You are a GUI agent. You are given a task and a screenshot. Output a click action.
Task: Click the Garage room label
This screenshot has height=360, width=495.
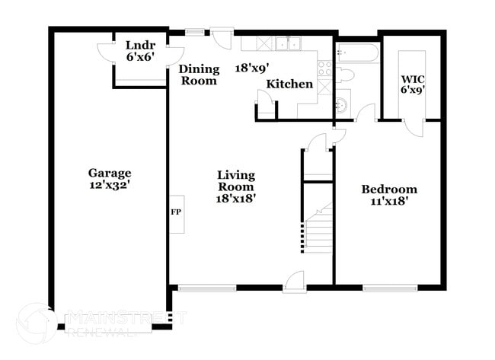coord(110,179)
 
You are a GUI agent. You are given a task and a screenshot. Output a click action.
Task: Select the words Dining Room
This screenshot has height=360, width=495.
coord(198,75)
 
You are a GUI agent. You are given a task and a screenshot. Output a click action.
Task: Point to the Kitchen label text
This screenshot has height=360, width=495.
coord(290,84)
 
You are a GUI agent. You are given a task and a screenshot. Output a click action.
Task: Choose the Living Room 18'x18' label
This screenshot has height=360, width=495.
coord(235,186)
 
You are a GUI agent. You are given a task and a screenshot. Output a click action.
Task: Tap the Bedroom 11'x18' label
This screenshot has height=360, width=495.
coord(388,196)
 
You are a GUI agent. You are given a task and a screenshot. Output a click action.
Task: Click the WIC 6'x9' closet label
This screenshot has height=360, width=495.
coord(412,84)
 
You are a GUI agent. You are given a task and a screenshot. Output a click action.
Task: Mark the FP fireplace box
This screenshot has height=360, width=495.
coord(175,212)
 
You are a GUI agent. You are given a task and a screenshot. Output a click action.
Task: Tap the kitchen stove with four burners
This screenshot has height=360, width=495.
coord(324,73)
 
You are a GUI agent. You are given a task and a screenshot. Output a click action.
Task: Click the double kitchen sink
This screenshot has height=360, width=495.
coord(289,44)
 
